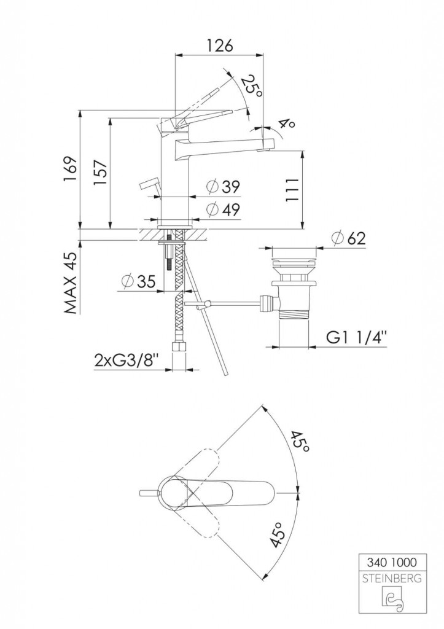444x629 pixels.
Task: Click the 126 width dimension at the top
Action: point(219,45)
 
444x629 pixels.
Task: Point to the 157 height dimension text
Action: point(100,172)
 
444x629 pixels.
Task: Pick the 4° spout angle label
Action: point(287,123)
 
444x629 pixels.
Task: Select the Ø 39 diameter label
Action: point(223,187)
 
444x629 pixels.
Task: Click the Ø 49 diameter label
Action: point(223,209)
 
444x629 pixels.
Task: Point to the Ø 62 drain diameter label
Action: point(349,238)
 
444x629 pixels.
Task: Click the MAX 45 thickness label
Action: point(71,283)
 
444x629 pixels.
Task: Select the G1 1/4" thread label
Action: point(357,337)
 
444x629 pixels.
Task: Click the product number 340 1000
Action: point(392,563)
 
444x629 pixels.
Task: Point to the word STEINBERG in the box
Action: point(392,579)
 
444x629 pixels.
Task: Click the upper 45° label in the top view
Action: point(300,442)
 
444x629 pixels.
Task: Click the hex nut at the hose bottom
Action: point(178,346)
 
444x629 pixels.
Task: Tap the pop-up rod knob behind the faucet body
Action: point(149,186)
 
